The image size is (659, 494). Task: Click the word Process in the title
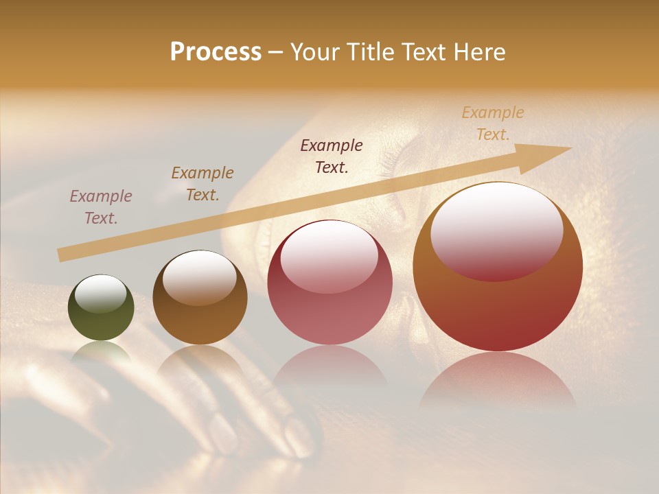tap(216, 52)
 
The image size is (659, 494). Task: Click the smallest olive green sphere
tap(101, 308)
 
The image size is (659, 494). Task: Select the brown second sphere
tap(200, 298)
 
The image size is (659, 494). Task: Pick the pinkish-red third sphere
tap(329, 283)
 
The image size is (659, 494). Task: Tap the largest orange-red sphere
tap(498, 268)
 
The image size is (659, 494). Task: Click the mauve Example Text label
tap(101, 207)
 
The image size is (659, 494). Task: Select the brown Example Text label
tap(203, 183)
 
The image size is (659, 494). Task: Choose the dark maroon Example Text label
tap(332, 156)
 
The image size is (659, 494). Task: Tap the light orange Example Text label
tap(493, 123)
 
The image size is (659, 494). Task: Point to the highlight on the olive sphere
tap(100, 293)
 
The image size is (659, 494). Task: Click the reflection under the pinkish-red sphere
tap(329, 374)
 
